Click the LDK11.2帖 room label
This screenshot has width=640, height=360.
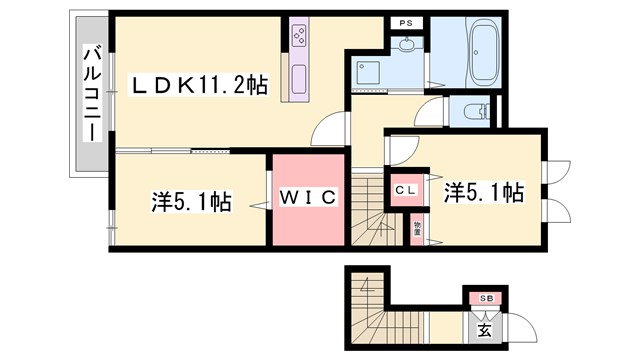[x=201, y=88]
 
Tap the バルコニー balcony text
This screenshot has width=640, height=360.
[x=90, y=92]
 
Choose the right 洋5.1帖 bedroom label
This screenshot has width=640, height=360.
[x=483, y=191]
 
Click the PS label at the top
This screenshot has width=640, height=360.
[x=406, y=22]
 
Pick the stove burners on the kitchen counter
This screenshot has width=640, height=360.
[x=301, y=38]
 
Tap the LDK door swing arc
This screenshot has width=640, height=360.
[x=326, y=130]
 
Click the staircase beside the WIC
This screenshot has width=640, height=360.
[x=372, y=210]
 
